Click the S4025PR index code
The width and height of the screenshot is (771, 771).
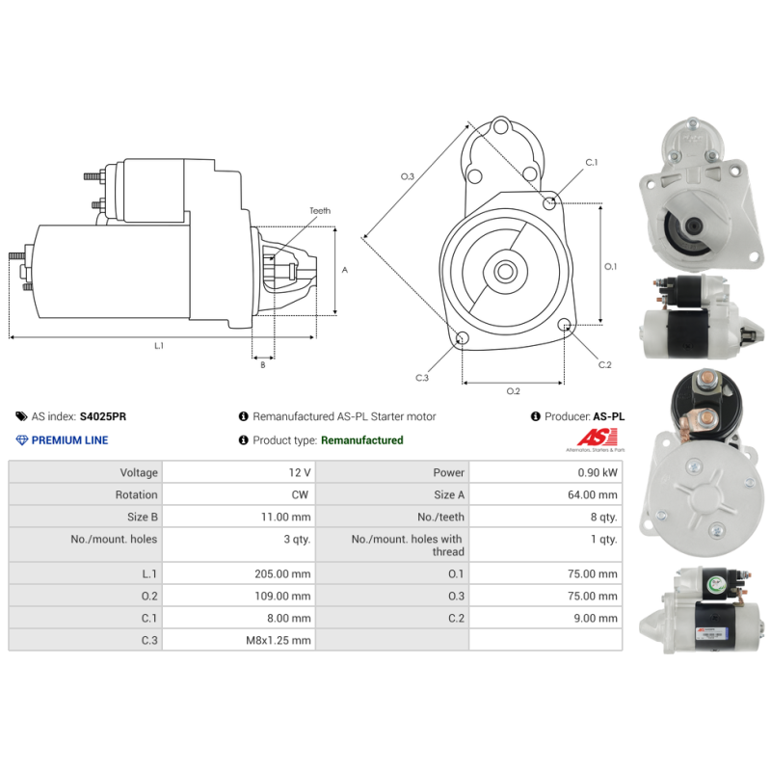[x=103, y=416]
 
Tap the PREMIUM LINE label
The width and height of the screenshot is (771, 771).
[x=69, y=440]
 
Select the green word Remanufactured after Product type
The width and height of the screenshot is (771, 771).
[x=362, y=440]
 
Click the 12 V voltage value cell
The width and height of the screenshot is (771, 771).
[x=299, y=472]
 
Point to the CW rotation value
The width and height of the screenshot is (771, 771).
[x=301, y=494]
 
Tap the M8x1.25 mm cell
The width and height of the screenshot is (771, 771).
[x=282, y=641]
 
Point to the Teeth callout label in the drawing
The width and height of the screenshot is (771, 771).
[x=320, y=211]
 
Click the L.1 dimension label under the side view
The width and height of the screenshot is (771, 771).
[x=159, y=345]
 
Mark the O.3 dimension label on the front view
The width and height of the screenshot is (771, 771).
[x=407, y=176]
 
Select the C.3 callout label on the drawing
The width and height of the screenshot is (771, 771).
[x=422, y=378]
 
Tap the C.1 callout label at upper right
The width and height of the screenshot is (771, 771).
[x=592, y=163]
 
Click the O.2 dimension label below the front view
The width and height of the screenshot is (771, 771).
[x=514, y=390]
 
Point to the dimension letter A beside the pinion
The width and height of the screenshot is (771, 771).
[x=345, y=270]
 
